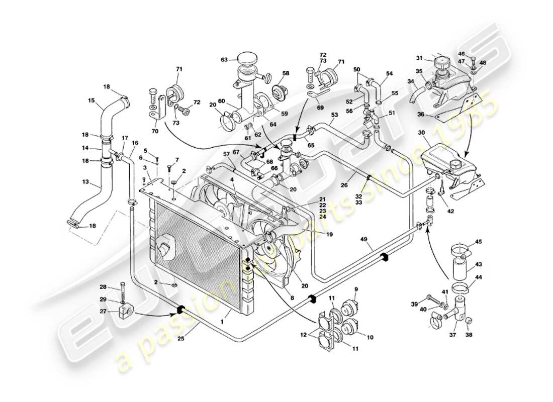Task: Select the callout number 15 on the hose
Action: [x=91, y=100]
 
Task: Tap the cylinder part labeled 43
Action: [x=460, y=269]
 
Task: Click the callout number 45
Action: [x=479, y=242]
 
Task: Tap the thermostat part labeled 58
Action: [x=278, y=91]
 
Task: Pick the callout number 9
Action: [x=356, y=289]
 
